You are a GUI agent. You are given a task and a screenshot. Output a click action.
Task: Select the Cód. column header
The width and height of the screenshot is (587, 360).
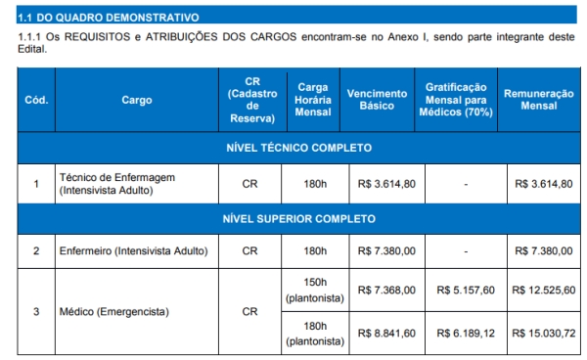click(36, 99)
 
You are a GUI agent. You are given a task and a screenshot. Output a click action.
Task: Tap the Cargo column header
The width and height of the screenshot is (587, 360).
click(137, 99)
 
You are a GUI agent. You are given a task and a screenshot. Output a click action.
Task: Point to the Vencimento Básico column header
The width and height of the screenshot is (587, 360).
click(377, 99)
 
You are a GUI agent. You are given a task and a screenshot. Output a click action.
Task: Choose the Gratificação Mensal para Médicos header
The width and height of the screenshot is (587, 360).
click(455, 99)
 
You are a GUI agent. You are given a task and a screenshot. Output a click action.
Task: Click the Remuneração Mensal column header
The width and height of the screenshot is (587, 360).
click(538, 99)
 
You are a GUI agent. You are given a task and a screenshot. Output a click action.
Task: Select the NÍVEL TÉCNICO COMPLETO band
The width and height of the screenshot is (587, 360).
click(298, 148)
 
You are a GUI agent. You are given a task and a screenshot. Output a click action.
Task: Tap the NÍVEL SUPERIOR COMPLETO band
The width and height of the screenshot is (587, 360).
click(298, 218)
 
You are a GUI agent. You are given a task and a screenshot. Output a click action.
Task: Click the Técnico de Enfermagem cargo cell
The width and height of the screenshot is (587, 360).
click(117, 183)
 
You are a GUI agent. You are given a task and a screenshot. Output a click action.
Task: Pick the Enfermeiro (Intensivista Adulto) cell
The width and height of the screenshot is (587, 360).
click(134, 251)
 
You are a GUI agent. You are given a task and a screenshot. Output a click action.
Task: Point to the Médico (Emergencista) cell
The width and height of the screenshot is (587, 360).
click(114, 312)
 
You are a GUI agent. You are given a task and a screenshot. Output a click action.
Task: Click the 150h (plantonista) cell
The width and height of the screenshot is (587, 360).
click(315, 290)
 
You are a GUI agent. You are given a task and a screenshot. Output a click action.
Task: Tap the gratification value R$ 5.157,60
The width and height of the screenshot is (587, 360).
click(466, 291)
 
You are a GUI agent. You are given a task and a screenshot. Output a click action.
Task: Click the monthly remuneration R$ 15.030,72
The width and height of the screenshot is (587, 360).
click(543, 334)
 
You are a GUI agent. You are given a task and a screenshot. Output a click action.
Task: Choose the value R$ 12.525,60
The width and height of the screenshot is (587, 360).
click(543, 291)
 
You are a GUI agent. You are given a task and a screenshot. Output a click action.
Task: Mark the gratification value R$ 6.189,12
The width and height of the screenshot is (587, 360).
click(466, 334)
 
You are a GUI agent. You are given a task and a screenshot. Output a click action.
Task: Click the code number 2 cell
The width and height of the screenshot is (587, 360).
click(36, 251)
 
